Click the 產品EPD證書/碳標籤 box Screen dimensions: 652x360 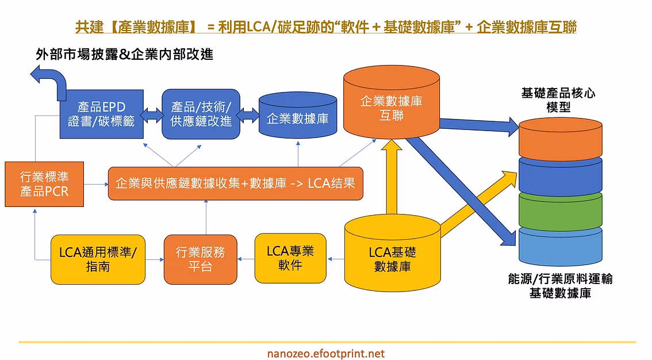[x=102, y=114]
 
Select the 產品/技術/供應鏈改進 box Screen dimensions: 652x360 [x=201, y=114]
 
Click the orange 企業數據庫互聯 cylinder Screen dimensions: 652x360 [x=392, y=102]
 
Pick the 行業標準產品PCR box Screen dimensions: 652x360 [x=44, y=184]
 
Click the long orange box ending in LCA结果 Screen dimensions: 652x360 [x=235, y=183]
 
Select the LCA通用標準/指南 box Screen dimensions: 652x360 [x=98, y=259]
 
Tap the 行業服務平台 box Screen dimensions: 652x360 [x=201, y=259]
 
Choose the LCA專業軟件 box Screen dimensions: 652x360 [x=290, y=258]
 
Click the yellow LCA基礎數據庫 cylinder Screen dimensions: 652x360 [x=393, y=253]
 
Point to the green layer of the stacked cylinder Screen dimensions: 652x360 [x=561, y=210]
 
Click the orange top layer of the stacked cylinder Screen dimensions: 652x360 [x=561, y=139]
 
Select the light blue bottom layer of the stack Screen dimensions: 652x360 [x=561, y=246]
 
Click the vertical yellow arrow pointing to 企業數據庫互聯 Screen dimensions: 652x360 [x=392, y=177]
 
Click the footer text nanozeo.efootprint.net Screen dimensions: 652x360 [x=325, y=353]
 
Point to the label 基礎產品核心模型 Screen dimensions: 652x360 [x=558, y=100]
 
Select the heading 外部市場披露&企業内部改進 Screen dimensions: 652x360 [x=124, y=54]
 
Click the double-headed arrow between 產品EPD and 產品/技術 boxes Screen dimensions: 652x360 [x=152, y=114]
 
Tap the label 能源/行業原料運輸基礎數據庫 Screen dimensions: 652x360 [x=560, y=286]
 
